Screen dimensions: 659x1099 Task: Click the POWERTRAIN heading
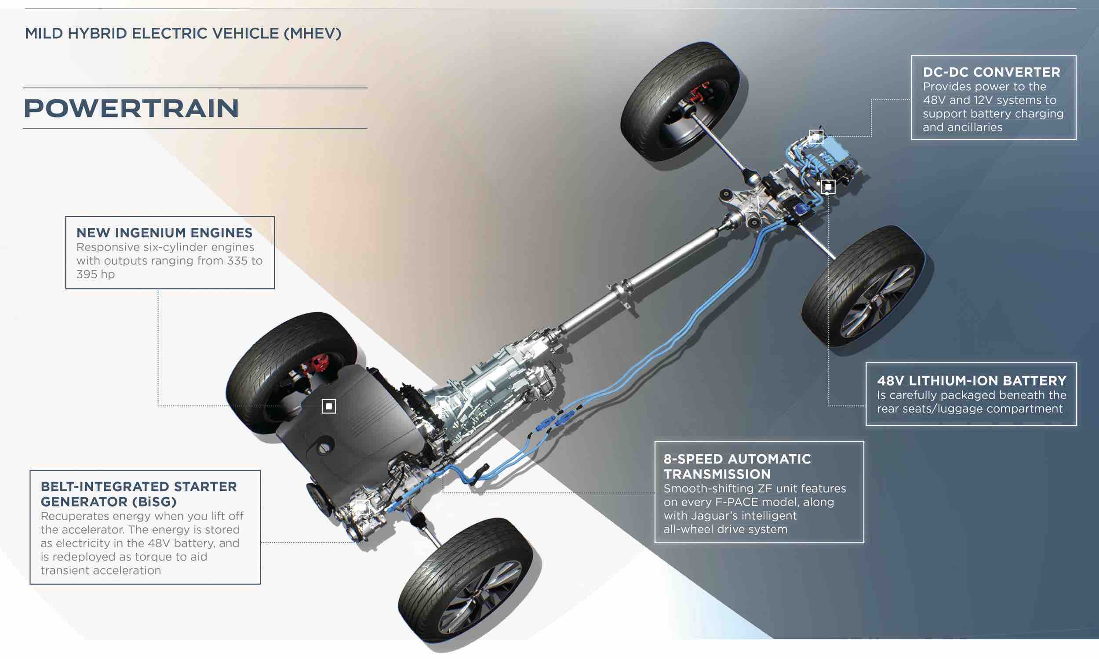(x=131, y=109)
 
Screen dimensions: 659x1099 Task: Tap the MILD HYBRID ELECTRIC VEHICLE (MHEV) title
(x=183, y=34)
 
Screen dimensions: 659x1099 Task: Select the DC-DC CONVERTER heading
(x=991, y=72)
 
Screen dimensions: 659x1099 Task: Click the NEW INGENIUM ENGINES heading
(x=164, y=233)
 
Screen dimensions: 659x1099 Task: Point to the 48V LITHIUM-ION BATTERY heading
(x=972, y=381)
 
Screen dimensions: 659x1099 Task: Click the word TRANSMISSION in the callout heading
(x=717, y=474)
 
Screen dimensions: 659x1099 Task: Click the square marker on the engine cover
(x=329, y=406)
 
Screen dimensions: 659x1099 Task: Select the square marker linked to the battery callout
(x=828, y=187)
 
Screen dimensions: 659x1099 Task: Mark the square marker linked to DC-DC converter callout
(x=815, y=136)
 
